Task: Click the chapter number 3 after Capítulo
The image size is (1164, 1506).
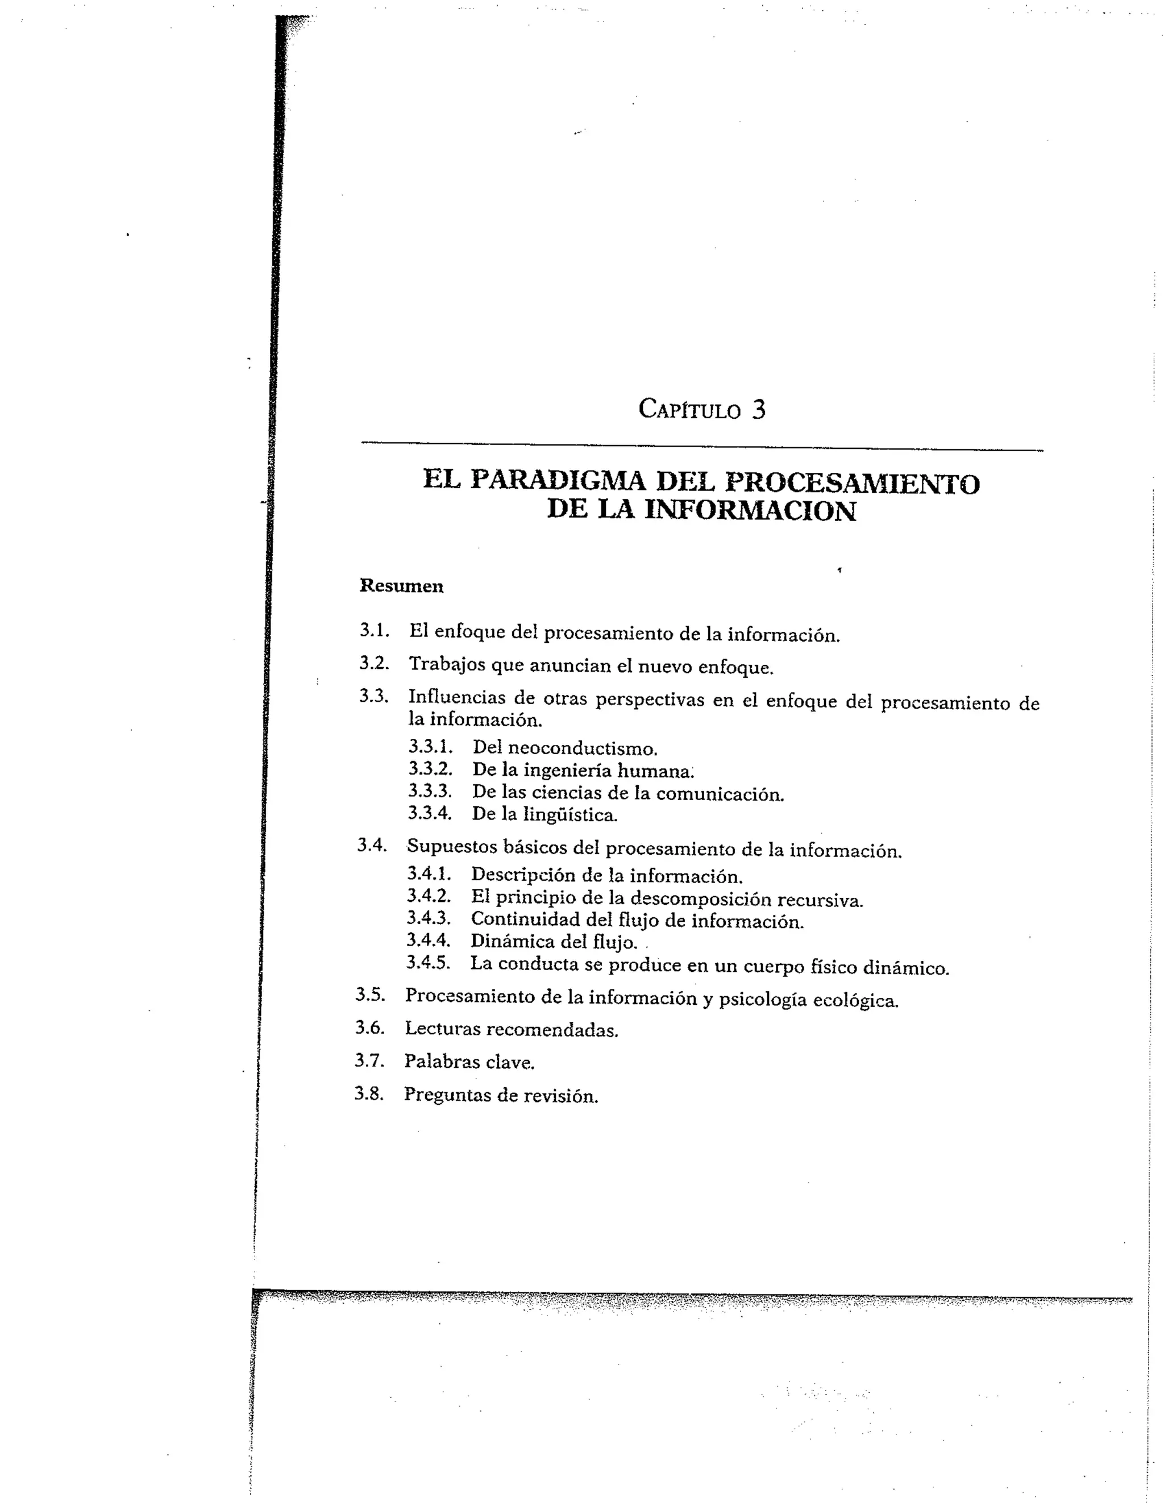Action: (x=758, y=410)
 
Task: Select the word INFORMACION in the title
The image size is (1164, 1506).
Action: (x=750, y=511)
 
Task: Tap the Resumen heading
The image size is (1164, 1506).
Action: (x=401, y=586)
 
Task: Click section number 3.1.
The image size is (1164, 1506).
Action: (x=375, y=630)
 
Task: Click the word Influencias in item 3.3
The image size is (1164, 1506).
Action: (x=456, y=697)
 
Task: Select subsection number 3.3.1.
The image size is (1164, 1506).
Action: (x=430, y=747)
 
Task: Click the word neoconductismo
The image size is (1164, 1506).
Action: (x=583, y=749)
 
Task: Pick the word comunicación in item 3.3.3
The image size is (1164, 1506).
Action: (x=720, y=794)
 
